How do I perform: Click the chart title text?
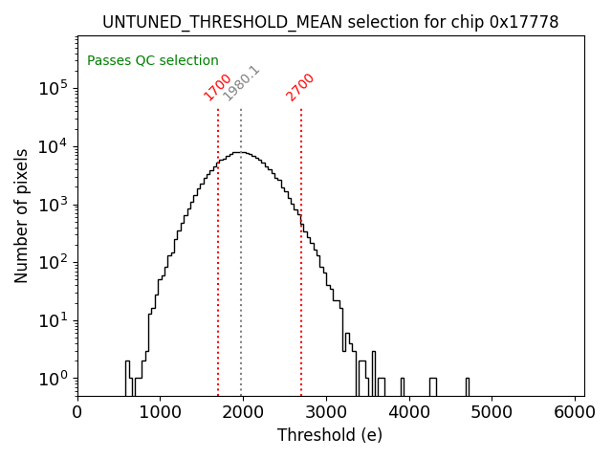pos(330,22)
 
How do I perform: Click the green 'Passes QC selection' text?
pos(153,61)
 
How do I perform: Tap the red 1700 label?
pos(218,86)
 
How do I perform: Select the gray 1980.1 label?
pos(241,83)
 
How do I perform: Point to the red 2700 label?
pos(300,86)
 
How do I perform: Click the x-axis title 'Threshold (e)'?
pos(330,435)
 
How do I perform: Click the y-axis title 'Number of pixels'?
pos(22,215)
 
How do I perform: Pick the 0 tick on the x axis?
pos(77,412)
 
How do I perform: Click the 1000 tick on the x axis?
pos(160,412)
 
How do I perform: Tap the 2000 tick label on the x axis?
pos(243,412)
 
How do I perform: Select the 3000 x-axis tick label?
pos(326,412)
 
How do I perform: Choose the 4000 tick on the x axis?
pos(409,412)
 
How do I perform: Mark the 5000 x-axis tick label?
pos(492,412)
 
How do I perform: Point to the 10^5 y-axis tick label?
pos(53,89)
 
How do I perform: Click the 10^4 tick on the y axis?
pos(53,146)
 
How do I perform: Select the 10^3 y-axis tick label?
pos(53,205)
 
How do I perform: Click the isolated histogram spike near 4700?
pos(468,386)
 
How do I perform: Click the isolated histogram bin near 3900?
pos(402,386)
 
